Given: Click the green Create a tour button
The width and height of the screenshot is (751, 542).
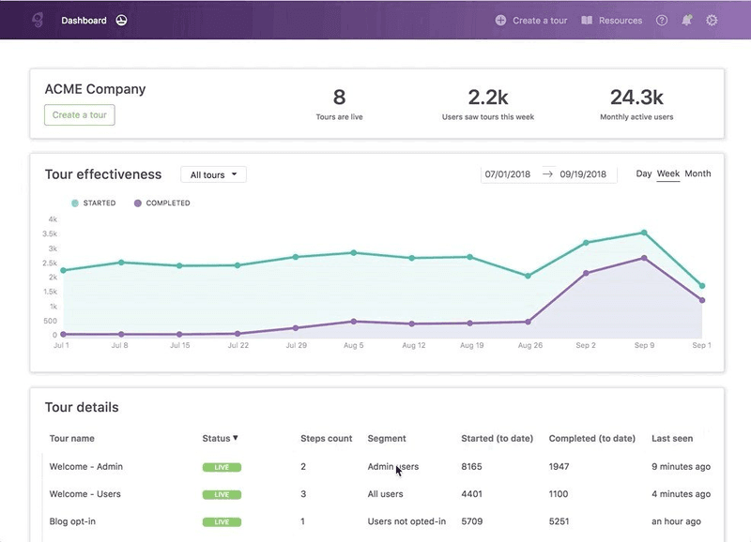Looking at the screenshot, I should (79, 115).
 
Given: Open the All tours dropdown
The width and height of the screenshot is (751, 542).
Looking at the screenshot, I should (213, 174).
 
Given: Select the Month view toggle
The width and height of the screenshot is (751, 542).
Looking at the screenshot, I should (697, 173).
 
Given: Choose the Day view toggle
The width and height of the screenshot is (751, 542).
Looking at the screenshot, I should (643, 173).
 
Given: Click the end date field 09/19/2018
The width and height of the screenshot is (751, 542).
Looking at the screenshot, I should (583, 174).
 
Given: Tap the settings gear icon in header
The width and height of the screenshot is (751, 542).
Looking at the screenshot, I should (712, 20).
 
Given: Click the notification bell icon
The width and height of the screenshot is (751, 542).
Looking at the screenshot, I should (687, 20).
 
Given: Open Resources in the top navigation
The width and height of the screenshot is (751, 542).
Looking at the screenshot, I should (612, 21).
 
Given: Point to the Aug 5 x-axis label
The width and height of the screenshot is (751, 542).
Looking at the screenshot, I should (353, 346).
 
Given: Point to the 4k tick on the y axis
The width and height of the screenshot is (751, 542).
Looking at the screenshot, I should (53, 219).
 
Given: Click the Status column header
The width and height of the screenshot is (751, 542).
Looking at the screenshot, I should (220, 438).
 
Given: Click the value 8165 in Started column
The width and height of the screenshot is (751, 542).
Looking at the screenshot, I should (472, 466).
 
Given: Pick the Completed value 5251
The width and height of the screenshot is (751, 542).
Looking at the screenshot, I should (561, 521).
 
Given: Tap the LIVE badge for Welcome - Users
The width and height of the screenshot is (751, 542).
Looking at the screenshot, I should (222, 494).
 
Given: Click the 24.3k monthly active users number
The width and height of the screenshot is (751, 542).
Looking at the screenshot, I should (636, 97).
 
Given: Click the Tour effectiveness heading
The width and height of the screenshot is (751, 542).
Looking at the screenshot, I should (103, 174).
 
